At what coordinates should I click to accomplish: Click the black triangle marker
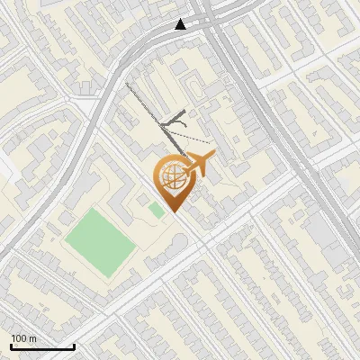coord(181,24)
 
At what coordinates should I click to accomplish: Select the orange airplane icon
coord(197,165)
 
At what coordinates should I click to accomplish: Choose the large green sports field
coord(100,239)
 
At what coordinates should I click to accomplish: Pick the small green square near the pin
coord(157,210)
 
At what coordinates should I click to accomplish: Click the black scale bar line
coord(42,346)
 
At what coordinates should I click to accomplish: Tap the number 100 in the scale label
coord(19,338)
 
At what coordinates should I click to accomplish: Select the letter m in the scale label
coord(32,338)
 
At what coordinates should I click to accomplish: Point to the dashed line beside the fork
coord(193,134)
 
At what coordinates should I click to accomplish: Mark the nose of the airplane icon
coord(213,159)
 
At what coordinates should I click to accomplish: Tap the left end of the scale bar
coord(11,346)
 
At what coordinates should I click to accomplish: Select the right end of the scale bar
coord(74,346)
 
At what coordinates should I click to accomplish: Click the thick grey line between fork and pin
coord(171,139)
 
